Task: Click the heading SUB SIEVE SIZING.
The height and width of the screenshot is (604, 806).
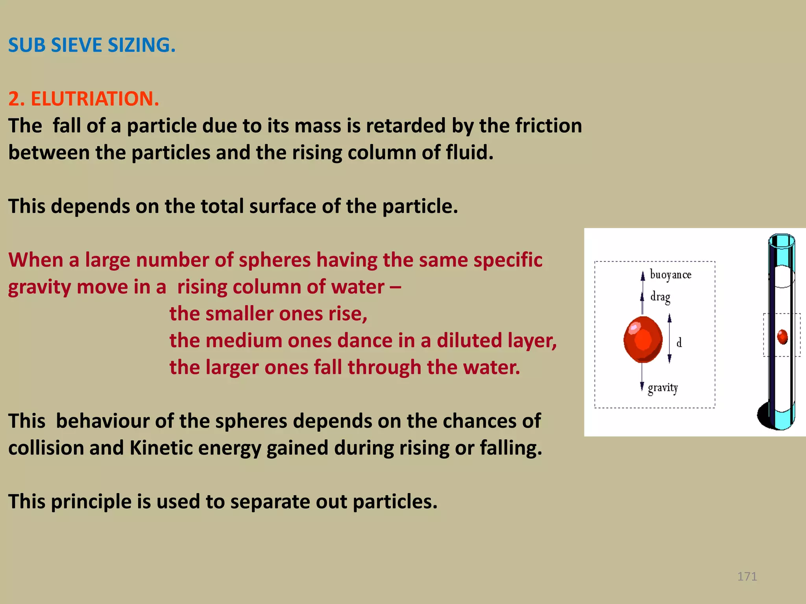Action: [92, 45]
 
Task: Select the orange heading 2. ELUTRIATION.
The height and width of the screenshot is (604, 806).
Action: [83, 98]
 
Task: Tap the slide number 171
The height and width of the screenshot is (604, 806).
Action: [747, 576]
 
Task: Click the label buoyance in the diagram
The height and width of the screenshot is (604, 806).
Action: [670, 274]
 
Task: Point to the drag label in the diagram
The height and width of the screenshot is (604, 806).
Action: [660, 297]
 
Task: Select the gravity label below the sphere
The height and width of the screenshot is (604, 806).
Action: [663, 388]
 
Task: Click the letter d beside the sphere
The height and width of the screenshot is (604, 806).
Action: [679, 343]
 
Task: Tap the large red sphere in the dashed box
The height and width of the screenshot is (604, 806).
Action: [643, 339]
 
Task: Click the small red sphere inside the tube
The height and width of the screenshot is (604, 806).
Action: [782, 337]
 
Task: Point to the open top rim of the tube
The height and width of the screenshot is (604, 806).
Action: [782, 241]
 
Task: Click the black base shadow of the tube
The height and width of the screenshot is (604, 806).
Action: [764, 416]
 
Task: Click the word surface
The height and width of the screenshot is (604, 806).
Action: [283, 206]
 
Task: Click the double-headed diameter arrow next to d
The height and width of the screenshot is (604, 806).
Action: [669, 339]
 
